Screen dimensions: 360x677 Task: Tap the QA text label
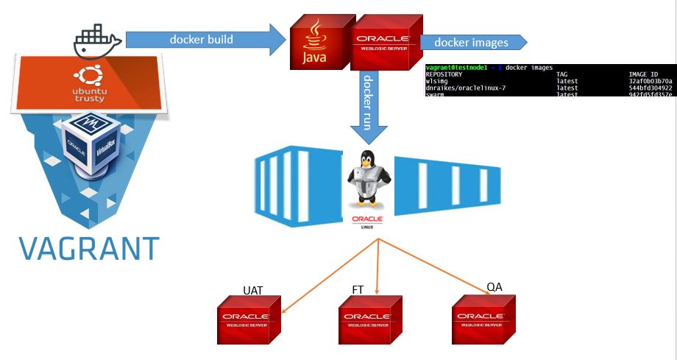pos(495,286)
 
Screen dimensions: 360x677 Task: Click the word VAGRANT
pos(88,248)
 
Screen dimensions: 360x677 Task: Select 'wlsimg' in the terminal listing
pos(437,81)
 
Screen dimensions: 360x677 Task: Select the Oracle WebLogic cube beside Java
pos(383,43)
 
